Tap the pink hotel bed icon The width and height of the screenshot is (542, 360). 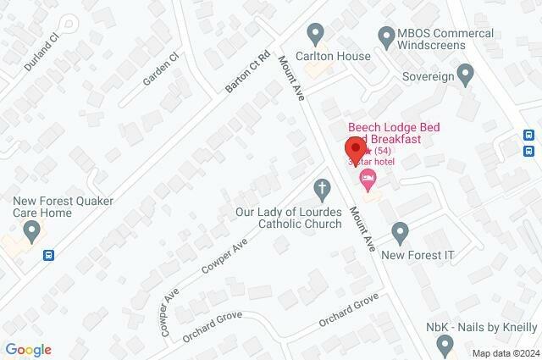click(367, 177)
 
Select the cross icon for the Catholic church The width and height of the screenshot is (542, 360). click(321, 186)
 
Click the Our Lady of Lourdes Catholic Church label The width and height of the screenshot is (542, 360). click(289, 218)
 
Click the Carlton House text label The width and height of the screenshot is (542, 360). click(333, 56)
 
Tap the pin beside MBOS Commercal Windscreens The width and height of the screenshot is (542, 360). click(385, 35)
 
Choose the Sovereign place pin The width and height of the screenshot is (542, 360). click(463, 73)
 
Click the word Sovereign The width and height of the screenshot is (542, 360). click(429, 74)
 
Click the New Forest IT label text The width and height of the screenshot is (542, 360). click(418, 254)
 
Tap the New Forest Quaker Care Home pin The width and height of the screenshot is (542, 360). click(32, 230)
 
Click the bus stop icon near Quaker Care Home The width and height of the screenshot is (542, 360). click(50, 254)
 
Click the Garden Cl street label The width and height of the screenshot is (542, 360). click(161, 69)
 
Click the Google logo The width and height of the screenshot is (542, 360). click(28, 350)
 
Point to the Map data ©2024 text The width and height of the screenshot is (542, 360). click(505, 353)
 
